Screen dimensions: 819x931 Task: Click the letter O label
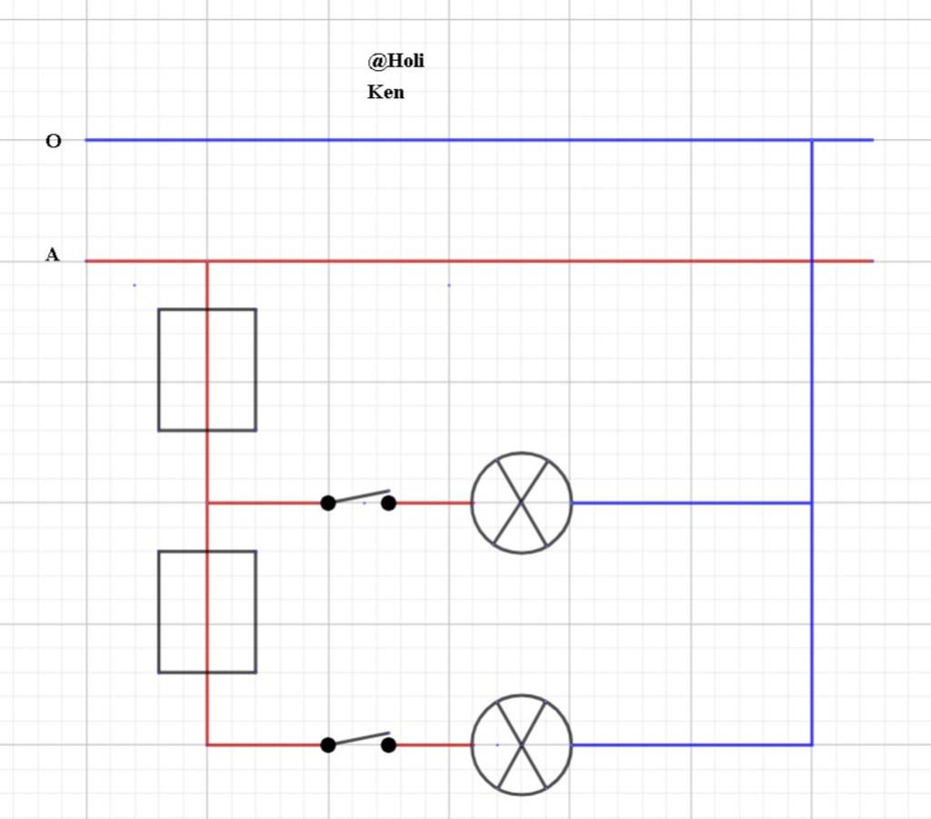click(x=54, y=141)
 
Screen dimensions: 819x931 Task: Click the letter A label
click(x=53, y=255)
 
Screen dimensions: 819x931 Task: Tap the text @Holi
click(x=395, y=62)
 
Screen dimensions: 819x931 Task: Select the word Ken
click(x=385, y=92)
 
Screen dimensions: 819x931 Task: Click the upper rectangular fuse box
click(x=206, y=369)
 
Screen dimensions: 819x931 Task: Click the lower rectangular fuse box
click(x=206, y=611)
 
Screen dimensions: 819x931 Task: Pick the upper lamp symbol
click(x=521, y=503)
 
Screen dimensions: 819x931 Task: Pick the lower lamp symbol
click(x=521, y=744)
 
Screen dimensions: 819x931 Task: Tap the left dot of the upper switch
click(x=328, y=503)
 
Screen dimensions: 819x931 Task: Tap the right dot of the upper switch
click(x=388, y=503)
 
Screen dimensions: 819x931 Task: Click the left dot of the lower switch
click(x=328, y=744)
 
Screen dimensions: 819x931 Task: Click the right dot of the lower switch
click(x=388, y=744)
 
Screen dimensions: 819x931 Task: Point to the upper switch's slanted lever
click(x=359, y=496)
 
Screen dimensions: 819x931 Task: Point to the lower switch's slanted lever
click(x=359, y=738)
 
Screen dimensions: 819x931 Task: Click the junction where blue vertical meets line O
click(x=812, y=140)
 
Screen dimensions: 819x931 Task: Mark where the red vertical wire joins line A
click(x=207, y=261)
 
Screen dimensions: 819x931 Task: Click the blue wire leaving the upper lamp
click(x=691, y=503)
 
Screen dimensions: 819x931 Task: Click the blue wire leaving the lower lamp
click(x=691, y=744)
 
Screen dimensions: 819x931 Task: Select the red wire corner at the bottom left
click(x=207, y=744)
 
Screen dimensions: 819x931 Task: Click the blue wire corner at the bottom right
click(x=812, y=744)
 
